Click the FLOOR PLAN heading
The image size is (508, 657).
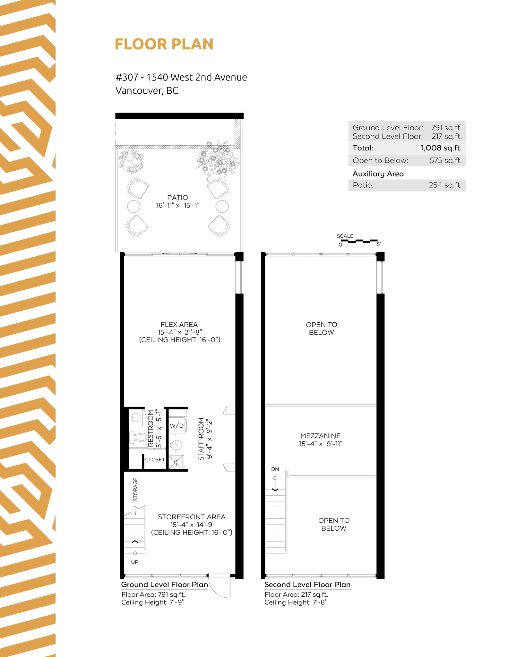tap(164, 44)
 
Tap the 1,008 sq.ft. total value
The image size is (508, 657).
tap(441, 148)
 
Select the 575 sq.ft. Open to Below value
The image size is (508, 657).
tap(446, 160)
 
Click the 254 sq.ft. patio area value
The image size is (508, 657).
tap(445, 185)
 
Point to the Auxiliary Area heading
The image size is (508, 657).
tap(378, 174)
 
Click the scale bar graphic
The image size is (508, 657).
tap(359, 241)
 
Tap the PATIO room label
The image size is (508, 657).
tap(177, 198)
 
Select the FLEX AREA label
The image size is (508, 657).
tap(179, 325)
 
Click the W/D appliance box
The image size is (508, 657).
tap(177, 426)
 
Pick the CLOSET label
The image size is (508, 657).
tap(155, 460)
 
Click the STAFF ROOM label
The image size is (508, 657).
tap(201, 439)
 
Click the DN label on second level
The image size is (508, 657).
tap(275, 469)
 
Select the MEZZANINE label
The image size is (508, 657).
tap(321, 436)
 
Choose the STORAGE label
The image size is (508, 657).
tap(135, 490)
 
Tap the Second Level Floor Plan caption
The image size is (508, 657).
tap(307, 584)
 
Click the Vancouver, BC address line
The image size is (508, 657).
tap(147, 91)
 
